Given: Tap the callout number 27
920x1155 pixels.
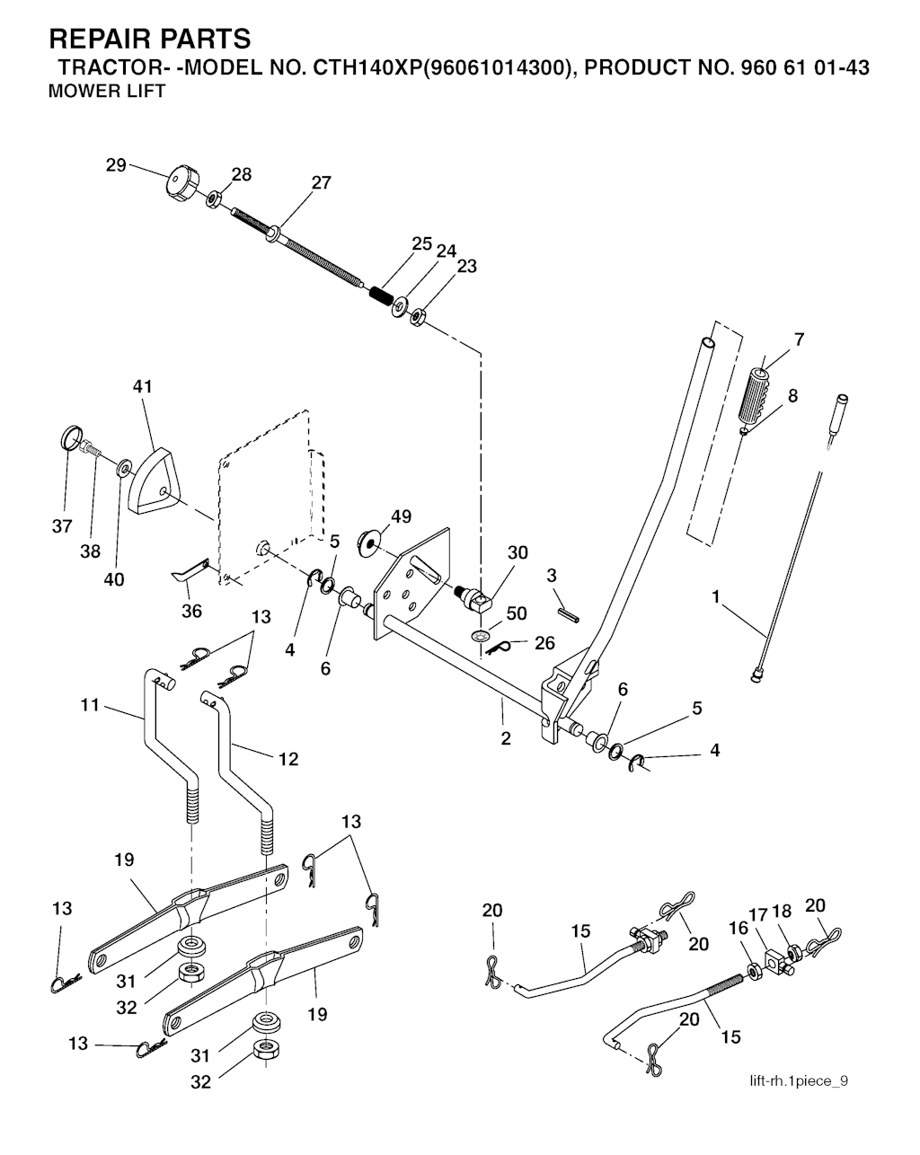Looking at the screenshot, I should [321, 182].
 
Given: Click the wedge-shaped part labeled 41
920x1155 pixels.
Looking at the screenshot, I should [156, 485].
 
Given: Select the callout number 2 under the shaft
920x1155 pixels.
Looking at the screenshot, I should [506, 738].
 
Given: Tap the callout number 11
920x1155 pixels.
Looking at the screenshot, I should [90, 705].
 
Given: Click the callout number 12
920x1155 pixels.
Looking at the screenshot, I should [287, 759].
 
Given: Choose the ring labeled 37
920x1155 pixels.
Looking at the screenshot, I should [71, 439].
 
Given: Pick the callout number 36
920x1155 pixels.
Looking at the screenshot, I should [191, 611].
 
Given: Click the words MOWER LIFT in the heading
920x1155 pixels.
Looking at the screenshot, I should [107, 92].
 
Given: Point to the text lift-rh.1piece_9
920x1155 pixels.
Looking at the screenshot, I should [798, 1080].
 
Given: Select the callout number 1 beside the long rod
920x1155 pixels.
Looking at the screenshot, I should [715, 596].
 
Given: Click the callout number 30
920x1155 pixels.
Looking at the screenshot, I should [517, 553].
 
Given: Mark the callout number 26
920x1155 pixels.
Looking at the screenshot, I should [544, 643].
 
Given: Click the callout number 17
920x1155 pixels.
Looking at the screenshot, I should [758, 914].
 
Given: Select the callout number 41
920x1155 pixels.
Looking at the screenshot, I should [142, 387].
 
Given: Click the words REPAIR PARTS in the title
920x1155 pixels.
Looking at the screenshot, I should [150, 39].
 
